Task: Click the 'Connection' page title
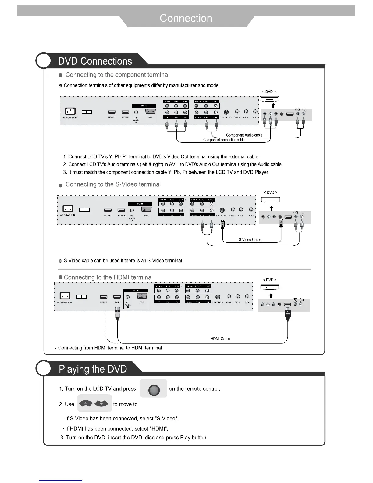(x=186, y=18)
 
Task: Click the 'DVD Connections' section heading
(x=95, y=61)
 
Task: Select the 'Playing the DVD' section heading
(x=93, y=369)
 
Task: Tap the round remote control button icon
(x=154, y=390)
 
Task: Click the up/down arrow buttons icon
(x=95, y=404)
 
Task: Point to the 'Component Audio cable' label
(x=244, y=135)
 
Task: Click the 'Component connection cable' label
(x=224, y=140)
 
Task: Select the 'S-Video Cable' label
(x=250, y=240)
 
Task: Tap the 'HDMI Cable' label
(x=220, y=339)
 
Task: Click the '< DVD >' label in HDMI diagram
(x=269, y=280)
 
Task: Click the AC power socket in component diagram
(x=70, y=112)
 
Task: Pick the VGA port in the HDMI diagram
(x=142, y=296)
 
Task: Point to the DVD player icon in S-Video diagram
(x=271, y=200)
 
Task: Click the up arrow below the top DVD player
(x=273, y=106)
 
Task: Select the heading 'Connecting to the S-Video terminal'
(x=113, y=184)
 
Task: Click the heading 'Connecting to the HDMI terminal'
(x=108, y=277)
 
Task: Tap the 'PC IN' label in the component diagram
(x=144, y=106)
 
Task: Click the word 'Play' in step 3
(x=185, y=438)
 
